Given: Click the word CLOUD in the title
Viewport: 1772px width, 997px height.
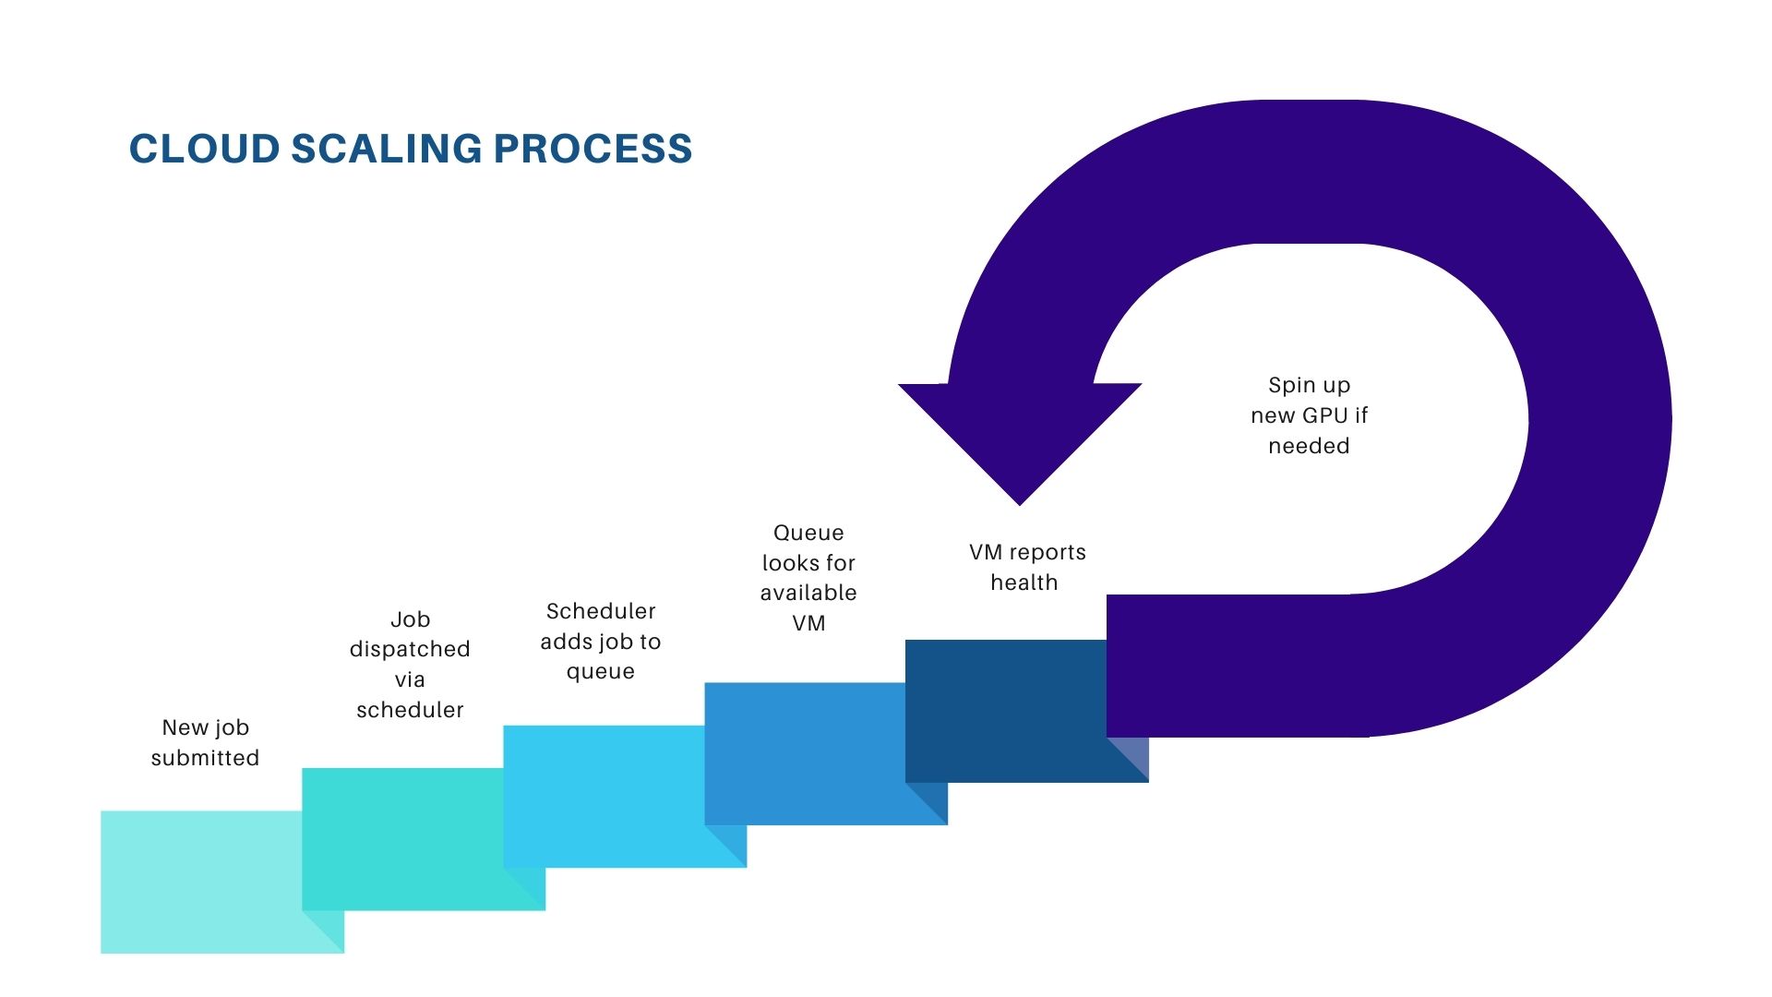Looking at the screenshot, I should point(204,150).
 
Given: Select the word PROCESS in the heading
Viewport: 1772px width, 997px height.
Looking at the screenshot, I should point(593,150).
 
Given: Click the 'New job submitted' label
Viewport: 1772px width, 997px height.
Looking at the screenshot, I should point(205,742).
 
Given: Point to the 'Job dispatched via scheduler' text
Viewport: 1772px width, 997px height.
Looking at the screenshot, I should point(410,665).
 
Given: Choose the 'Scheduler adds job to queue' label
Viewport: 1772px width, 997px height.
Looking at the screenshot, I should point(601,641).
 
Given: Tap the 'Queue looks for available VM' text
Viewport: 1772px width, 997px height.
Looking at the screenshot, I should point(808,578).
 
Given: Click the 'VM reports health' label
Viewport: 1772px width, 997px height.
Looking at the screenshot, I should point(1027,567).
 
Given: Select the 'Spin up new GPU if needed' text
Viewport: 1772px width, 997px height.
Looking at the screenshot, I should point(1309,415).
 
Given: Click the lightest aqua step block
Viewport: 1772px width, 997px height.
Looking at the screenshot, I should point(198,882).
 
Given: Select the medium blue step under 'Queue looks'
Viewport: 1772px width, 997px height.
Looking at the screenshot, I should point(803,752).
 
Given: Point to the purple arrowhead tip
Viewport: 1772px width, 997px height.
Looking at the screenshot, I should point(1020,498).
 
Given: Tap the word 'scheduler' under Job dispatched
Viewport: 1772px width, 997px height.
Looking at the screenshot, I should point(410,710).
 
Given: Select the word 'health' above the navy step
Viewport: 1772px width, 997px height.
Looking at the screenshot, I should point(1024,583).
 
